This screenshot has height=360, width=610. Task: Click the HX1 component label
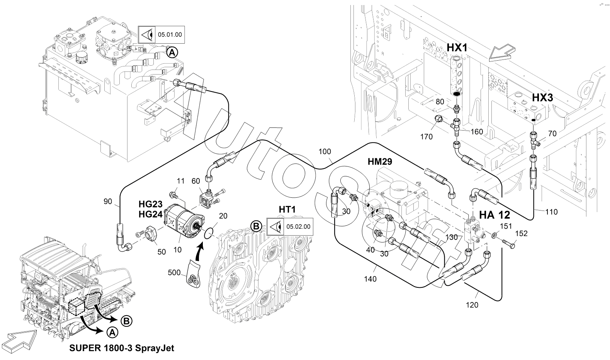point(457,48)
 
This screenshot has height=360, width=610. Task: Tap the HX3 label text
point(542,97)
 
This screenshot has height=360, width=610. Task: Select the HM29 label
point(379,162)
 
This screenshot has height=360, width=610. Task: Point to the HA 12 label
point(494,215)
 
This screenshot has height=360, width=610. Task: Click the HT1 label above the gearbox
point(287,209)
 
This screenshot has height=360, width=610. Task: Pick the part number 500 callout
point(174,272)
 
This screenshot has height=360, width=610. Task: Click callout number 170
point(426,136)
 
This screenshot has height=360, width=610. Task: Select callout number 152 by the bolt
point(521,234)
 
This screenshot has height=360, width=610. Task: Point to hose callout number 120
point(472,305)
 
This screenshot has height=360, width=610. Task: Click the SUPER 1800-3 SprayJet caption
point(122,348)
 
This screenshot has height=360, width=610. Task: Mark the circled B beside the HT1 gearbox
point(256,226)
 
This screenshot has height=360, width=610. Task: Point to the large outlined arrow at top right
point(501,52)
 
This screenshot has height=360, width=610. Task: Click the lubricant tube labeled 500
point(194,274)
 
